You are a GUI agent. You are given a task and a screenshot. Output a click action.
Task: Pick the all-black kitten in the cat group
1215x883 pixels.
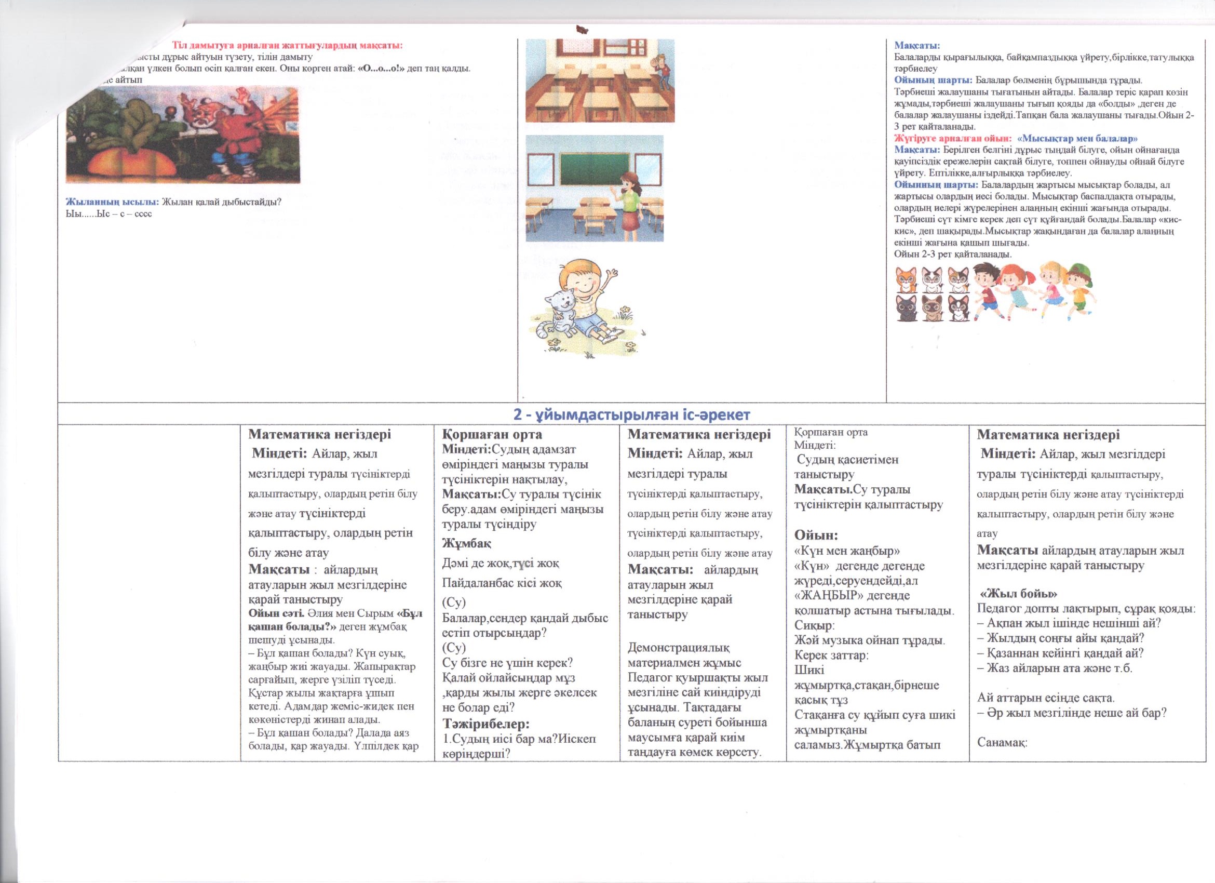(907, 309)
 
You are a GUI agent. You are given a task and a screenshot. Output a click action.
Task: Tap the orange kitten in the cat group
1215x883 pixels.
(907, 280)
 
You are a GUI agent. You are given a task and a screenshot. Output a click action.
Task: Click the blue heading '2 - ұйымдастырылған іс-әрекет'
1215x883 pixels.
(631, 414)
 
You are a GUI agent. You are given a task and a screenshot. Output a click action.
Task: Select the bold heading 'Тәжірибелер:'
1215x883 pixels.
(486, 724)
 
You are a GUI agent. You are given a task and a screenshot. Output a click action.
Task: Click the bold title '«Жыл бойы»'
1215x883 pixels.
(1018, 594)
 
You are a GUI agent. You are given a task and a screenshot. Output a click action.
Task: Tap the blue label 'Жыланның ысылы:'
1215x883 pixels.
(112, 202)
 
